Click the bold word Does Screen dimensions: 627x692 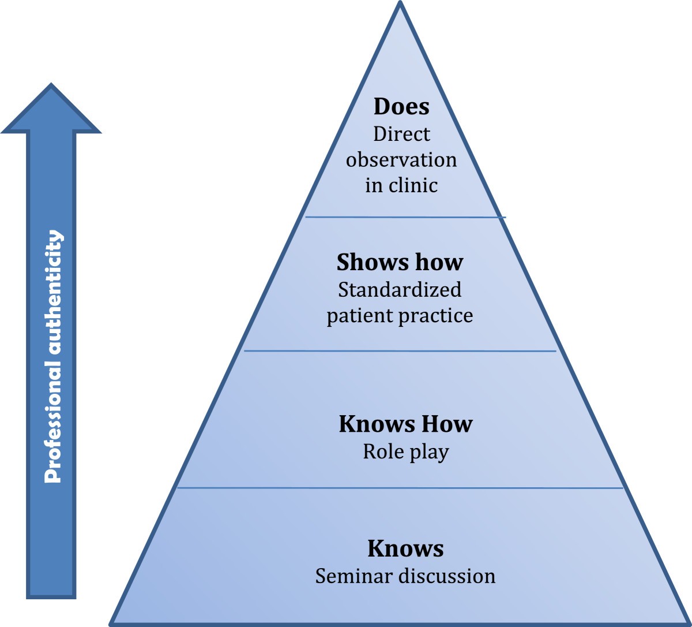click(x=401, y=107)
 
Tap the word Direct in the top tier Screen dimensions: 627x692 click(x=401, y=134)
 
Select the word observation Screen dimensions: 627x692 click(x=401, y=159)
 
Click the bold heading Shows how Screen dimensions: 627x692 click(x=400, y=262)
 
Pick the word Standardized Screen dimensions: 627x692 click(x=400, y=289)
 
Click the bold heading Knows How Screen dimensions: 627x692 click(x=405, y=424)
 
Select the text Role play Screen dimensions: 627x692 click(x=405, y=451)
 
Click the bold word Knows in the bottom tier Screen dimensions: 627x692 click(x=405, y=548)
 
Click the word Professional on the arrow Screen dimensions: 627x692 click(x=52, y=414)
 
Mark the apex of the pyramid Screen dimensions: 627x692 click(x=400, y=5)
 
